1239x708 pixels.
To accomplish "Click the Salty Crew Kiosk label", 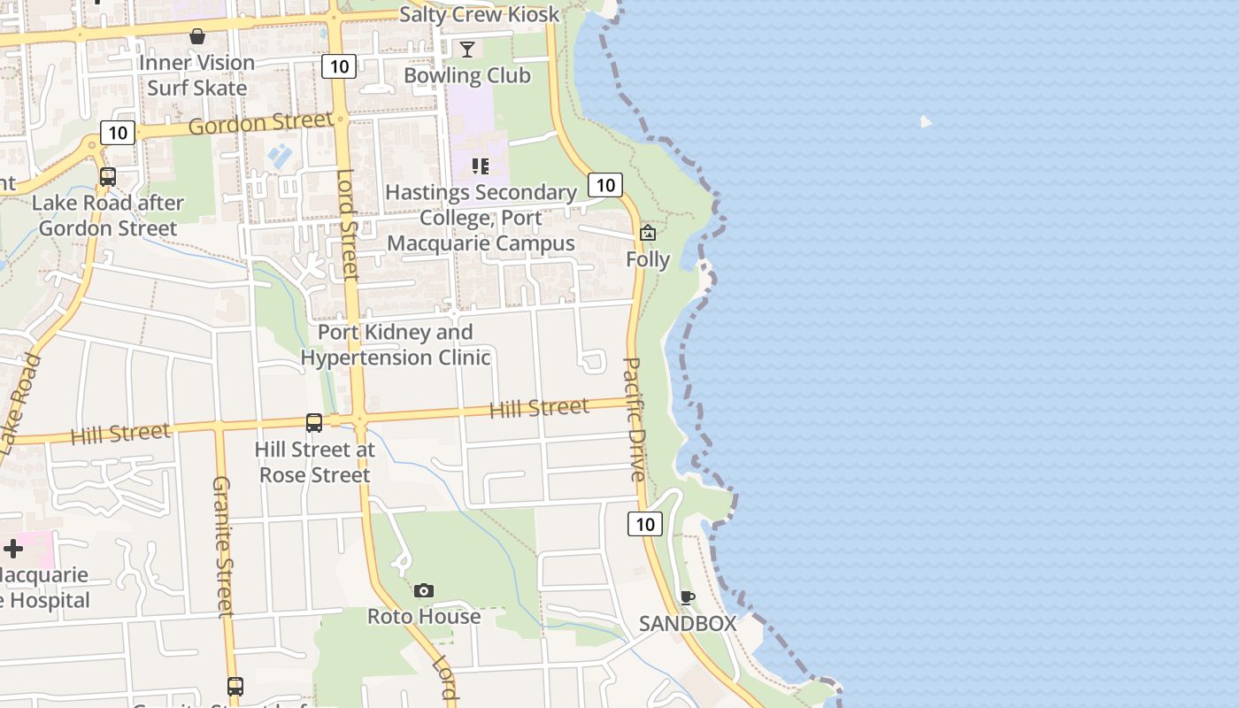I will [x=479, y=14].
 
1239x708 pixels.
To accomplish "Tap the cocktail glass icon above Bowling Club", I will [x=467, y=49].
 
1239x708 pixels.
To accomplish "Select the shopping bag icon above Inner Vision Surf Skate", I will [x=197, y=36].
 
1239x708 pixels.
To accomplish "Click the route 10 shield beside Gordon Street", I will [x=117, y=133].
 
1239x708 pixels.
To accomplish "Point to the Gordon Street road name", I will [x=260, y=123].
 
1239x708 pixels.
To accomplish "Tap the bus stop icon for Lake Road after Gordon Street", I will [x=108, y=176].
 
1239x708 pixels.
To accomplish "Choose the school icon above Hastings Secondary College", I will [x=481, y=165].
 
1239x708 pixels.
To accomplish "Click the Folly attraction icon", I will [x=648, y=233].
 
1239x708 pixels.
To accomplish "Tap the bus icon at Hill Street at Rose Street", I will [x=314, y=423].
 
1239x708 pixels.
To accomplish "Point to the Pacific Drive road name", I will [x=635, y=419].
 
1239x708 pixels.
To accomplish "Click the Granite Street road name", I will [x=222, y=546].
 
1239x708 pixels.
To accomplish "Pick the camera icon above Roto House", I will [x=424, y=590].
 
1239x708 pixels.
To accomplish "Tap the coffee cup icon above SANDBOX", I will [x=688, y=597].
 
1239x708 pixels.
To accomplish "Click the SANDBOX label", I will [x=688, y=623].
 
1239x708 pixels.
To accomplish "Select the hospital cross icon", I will [x=13, y=549].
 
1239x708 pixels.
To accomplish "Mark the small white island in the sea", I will [x=926, y=121].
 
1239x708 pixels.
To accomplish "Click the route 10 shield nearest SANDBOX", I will [x=645, y=524].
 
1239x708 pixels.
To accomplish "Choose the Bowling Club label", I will [x=467, y=75].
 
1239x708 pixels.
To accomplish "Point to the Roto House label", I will [x=424, y=616].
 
